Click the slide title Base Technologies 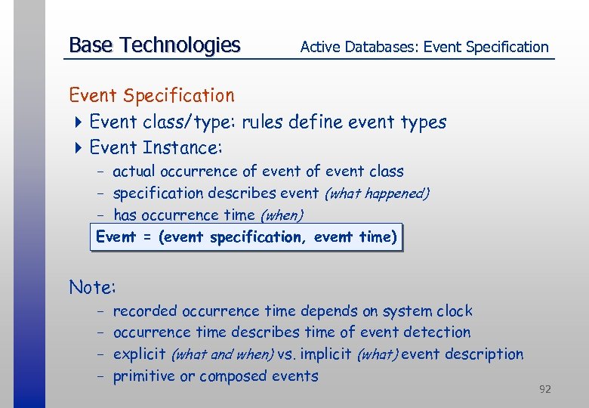pos(154,45)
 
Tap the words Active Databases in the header pos(359,47)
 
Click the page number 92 pos(544,389)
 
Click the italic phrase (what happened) pos(376,193)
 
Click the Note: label pos(92,287)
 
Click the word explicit pos(140,354)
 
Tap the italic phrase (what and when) pos(223,354)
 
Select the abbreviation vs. pos(285,354)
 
